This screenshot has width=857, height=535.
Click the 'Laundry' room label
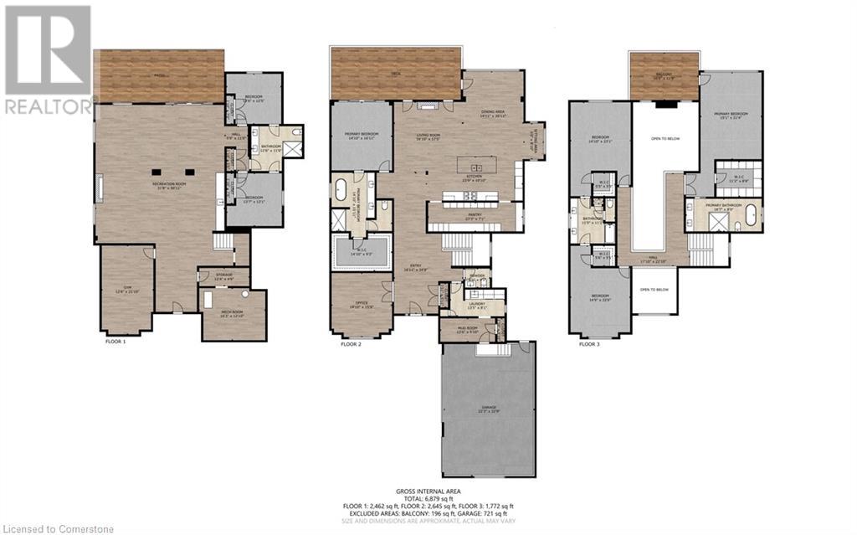pos(476,306)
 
